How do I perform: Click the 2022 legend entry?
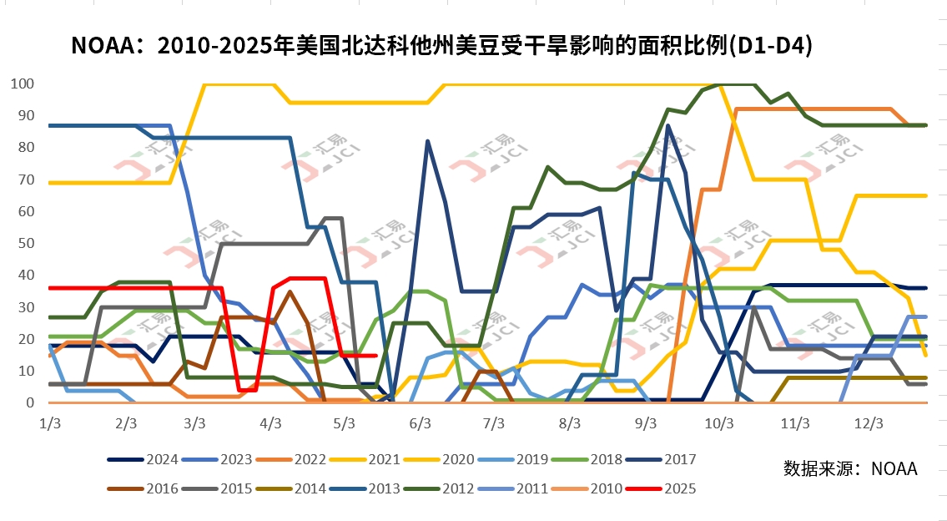tap(310, 459)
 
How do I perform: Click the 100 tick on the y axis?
tap(23, 84)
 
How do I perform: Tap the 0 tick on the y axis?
tap(29, 402)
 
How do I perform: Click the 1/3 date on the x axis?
tap(50, 423)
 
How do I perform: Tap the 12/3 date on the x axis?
tap(869, 423)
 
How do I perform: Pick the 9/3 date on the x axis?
tap(645, 423)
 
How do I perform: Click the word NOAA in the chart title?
tap(104, 45)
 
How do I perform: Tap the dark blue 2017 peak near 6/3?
tap(428, 141)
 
